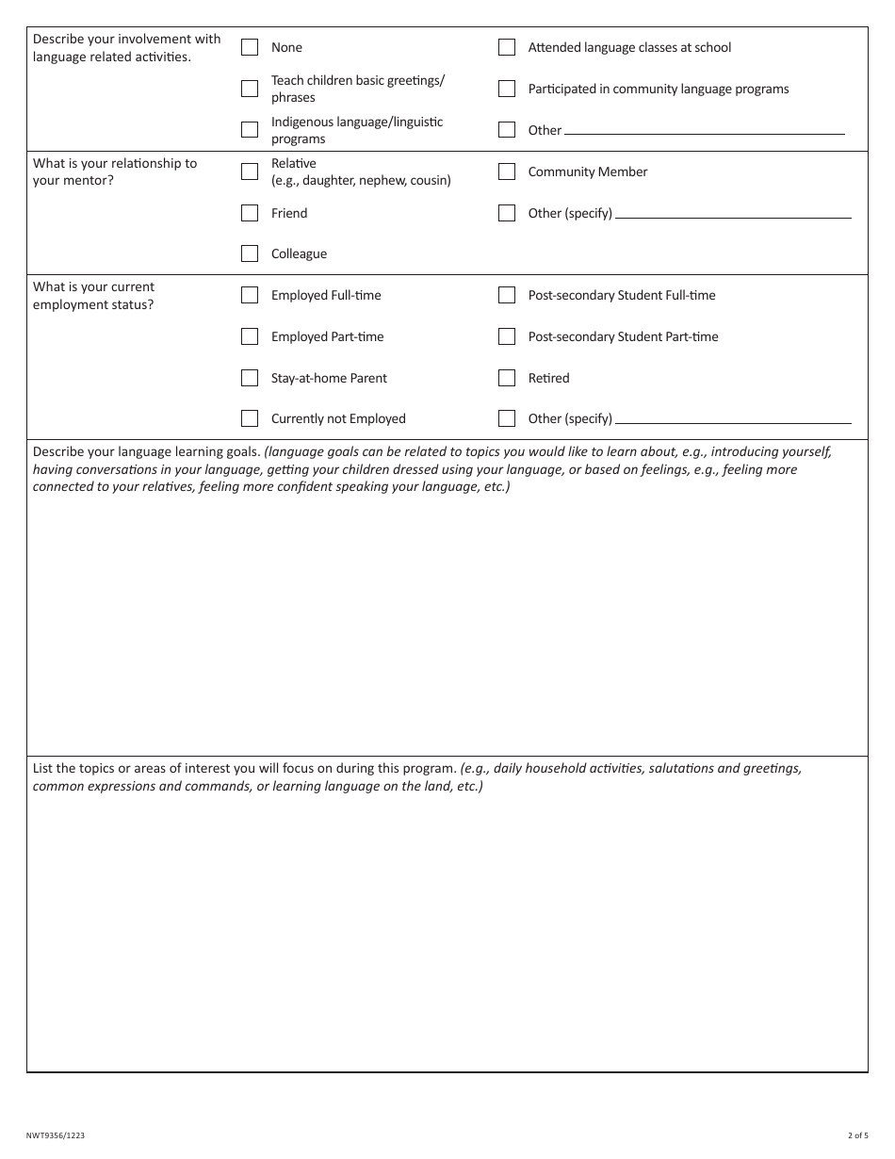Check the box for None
pos(250,47)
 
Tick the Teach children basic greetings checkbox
pos(250,89)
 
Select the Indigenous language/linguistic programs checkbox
pos(250,130)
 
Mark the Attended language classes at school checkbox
pos(507,47)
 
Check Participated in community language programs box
pos(507,89)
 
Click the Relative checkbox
pos(250,171)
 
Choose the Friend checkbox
pos(250,213)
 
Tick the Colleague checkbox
pos(250,253)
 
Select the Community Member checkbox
pos(507,171)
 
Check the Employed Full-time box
pos(250,295)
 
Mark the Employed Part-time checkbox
pos(250,336)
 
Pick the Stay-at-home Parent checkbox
pos(250,378)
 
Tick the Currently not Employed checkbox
pos(250,418)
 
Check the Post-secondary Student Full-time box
pos(507,295)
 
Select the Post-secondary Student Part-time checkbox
pos(507,336)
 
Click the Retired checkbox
pos(507,378)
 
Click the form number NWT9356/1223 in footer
pos(55,1135)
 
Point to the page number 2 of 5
pos(857,1135)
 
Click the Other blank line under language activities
pos(704,130)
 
